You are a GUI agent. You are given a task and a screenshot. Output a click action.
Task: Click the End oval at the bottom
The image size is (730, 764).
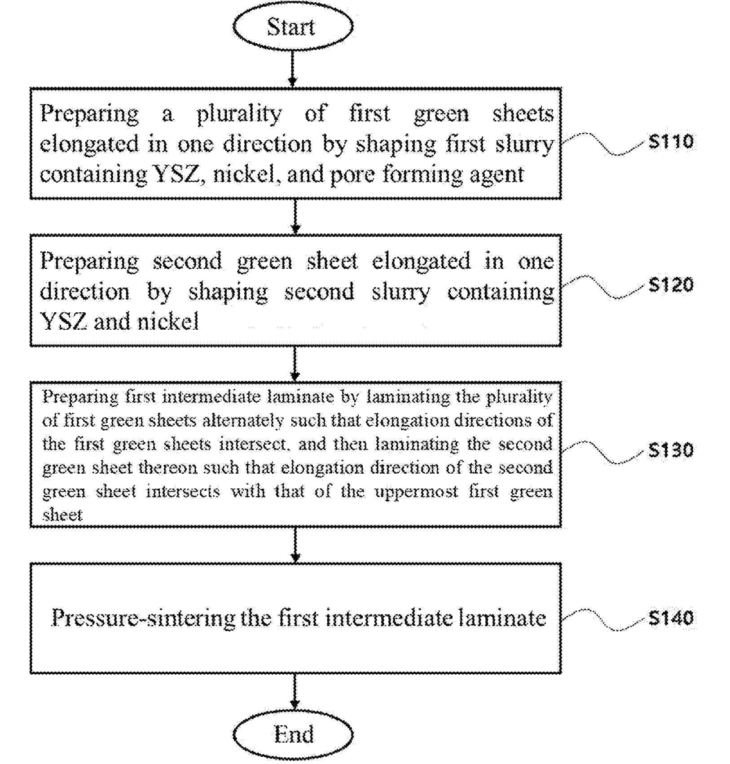(293, 734)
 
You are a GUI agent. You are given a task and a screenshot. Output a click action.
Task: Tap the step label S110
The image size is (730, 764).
(671, 142)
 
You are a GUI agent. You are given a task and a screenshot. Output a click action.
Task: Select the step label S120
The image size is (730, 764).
(671, 284)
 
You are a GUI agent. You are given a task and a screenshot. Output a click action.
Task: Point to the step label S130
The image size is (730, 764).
(671, 450)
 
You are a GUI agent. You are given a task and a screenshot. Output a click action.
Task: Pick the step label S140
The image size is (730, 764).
(671, 618)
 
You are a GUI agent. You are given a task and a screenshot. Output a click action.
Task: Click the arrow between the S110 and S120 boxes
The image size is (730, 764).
(295, 216)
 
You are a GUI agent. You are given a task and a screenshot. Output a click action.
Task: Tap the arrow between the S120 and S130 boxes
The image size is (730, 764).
(295, 363)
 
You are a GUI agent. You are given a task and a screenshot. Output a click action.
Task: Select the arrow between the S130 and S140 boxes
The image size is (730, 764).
(295, 545)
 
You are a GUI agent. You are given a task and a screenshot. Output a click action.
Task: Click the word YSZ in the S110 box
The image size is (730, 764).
(176, 174)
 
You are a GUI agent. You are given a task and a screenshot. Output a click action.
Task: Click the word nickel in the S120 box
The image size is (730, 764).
(167, 321)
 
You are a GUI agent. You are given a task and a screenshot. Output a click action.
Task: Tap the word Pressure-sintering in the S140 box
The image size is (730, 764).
(143, 618)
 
